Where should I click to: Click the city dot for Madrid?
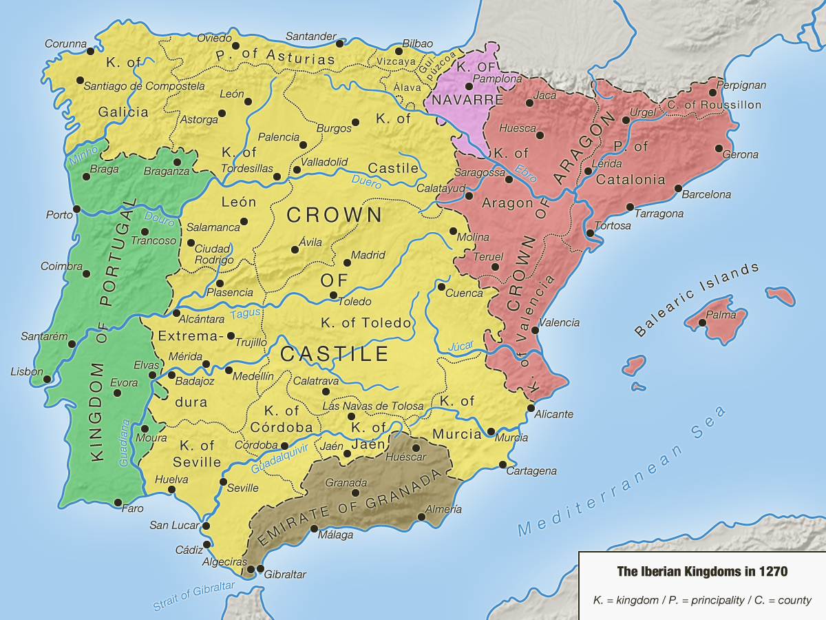tap(347, 262)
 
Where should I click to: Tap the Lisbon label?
tap(26, 371)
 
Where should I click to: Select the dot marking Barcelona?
tap(678, 188)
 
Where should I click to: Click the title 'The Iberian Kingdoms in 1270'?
tap(702, 572)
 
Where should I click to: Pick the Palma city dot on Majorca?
tap(702, 322)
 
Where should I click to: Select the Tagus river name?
tap(245, 313)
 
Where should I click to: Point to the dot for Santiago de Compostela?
tap(81, 80)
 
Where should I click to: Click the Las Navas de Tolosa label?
tap(373, 406)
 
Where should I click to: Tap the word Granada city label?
tap(346, 483)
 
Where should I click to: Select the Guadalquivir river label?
tap(279, 458)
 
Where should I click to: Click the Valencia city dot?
tap(535, 330)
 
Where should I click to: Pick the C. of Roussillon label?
tap(714, 105)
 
